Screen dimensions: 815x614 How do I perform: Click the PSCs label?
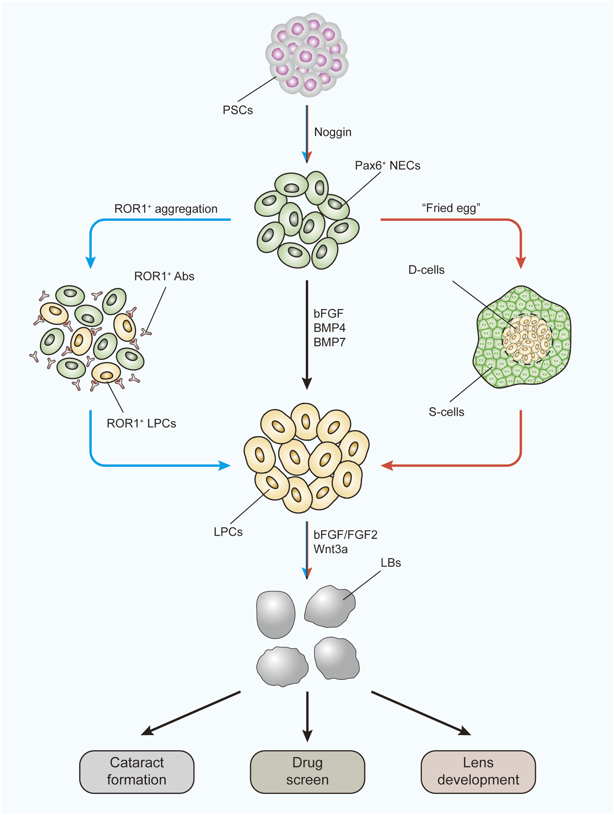tap(238, 110)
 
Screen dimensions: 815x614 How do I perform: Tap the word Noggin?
tap(332, 132)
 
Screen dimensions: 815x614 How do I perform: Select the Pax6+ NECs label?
tap(387, 166)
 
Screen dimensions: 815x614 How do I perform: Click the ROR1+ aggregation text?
tap(166, 209)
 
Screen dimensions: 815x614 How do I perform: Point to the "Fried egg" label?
tap(451, 208)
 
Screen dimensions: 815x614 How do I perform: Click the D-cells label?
tap(426, 270)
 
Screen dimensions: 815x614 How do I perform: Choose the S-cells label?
tap(446, 412)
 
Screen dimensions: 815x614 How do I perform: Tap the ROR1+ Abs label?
tap(164, 276)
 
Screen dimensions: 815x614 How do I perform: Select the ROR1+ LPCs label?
tap(141, 423)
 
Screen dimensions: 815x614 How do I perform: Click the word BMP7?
tap(329, 342)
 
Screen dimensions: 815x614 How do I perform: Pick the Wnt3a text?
tap(330, 549)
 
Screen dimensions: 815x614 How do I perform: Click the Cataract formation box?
tap(137, 772)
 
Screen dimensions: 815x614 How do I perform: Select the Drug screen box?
tap(307, 772)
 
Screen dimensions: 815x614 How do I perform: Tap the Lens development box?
tap(478, 772)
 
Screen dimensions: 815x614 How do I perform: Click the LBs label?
tap(390, 563)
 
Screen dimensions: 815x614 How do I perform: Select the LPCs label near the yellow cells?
tap(228, 532)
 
